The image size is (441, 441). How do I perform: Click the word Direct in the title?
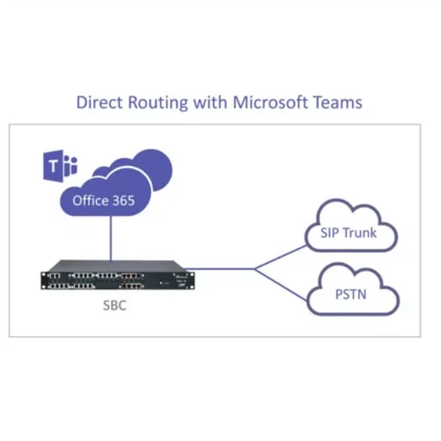tap(99, 102)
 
